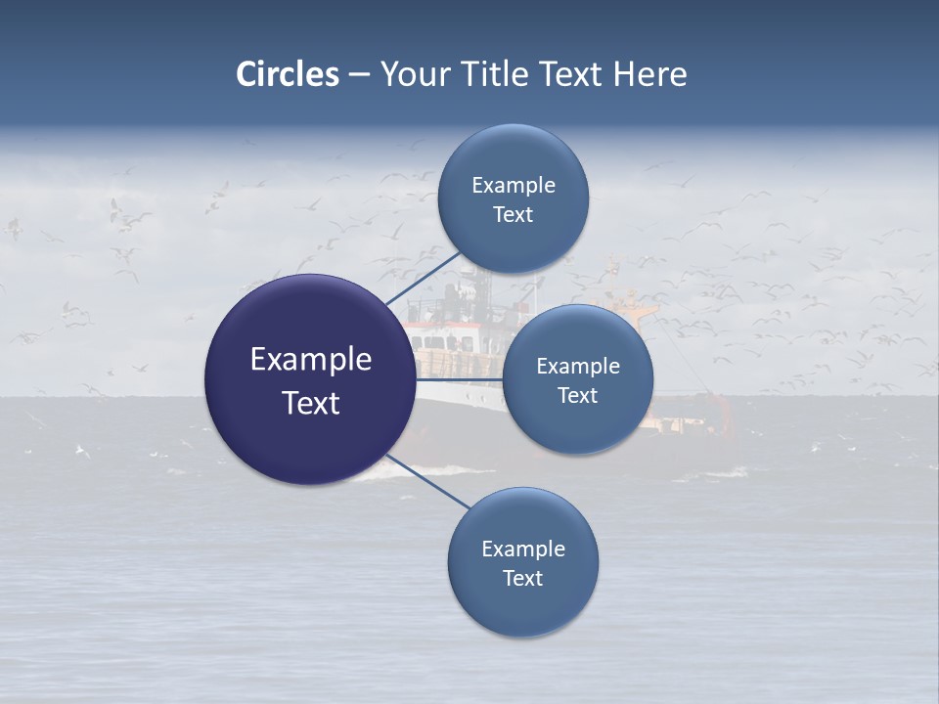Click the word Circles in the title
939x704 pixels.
[287, 74]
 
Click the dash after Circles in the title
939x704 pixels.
[358, 75]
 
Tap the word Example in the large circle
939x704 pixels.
[310, 360]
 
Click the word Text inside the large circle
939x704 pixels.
[310, 403]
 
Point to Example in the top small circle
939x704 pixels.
[513, 185]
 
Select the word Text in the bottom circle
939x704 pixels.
[522, 578]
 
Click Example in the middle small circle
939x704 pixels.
[577, 366]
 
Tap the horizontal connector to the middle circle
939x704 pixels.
[460, 378]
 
